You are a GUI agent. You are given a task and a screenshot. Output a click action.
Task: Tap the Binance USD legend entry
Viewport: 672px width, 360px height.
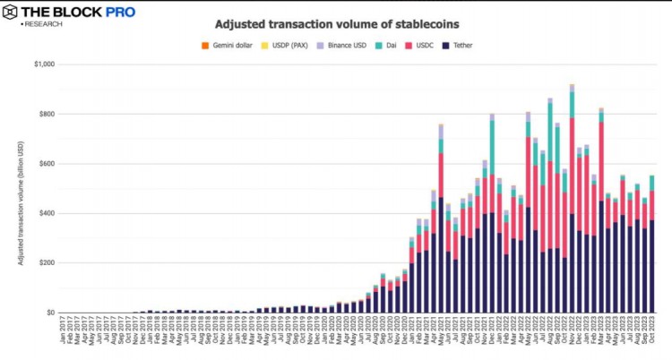(x=343, y=45)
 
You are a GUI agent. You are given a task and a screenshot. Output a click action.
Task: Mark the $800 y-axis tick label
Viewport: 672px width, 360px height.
(x=44, y=114)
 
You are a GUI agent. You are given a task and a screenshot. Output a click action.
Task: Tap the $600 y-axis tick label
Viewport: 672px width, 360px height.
(x=44, y=164)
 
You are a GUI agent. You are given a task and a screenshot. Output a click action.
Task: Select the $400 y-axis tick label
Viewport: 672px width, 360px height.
(x=44, y=213)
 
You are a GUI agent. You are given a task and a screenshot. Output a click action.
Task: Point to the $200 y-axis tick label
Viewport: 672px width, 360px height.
(x=44, y=263)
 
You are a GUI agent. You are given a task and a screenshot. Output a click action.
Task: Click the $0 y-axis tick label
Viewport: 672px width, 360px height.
(x=49, y=313)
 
